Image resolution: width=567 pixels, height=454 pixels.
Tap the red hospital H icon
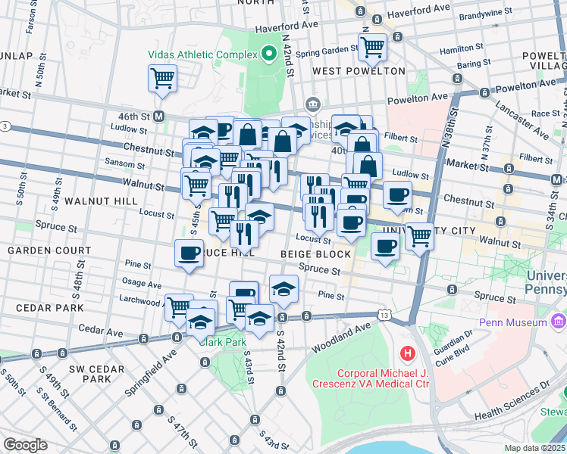408,353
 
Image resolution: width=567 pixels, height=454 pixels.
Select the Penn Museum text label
518,323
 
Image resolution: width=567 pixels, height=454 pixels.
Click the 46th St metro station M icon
159,117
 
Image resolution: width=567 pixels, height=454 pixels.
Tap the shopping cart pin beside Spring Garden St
372,47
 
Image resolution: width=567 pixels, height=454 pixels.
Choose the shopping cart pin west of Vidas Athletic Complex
162,77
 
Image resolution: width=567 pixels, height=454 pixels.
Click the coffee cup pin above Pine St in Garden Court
189,253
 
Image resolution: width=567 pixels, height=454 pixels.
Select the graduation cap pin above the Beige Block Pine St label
283,289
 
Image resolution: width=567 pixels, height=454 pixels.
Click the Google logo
25,445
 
